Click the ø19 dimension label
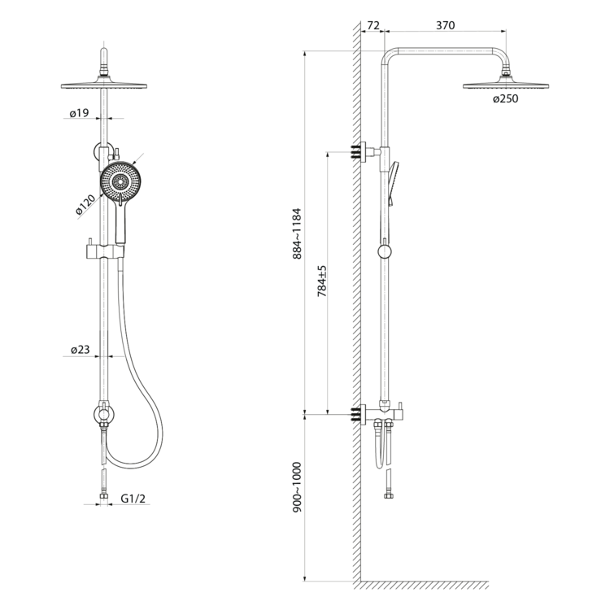[79, 114]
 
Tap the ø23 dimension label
[79, 351]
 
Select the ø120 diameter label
[86, 204]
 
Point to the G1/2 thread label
[132, 499]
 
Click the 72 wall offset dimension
[373, 26]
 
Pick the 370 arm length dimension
[445, 26]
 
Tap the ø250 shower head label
[505, 100]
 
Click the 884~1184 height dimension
[297, 233]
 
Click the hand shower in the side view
[394, 183]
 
